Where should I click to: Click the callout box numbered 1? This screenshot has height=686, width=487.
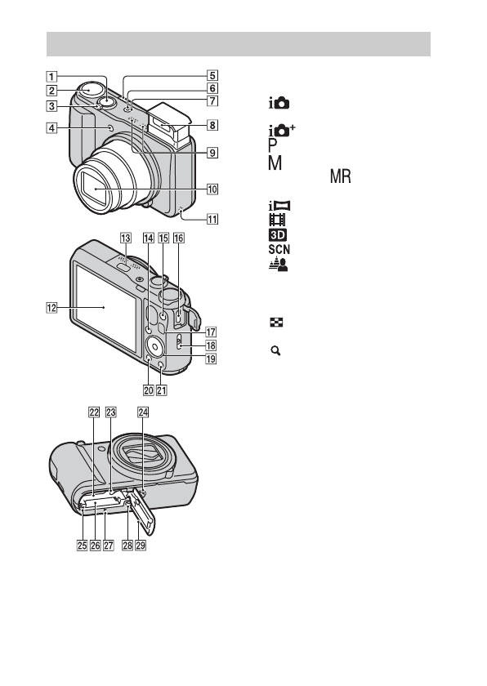(x=51, y=77)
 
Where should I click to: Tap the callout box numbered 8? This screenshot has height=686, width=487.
(x=212, y=125)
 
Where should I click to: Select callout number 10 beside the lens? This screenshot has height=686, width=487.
(x=212, y=189)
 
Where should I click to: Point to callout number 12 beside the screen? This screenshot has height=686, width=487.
(x=51, y=308)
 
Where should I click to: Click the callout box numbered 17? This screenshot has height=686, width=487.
(x=211, y=332)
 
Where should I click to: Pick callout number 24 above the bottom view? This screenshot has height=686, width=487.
(x=143, y=412)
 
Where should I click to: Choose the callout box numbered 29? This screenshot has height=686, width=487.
(x=141, y=546)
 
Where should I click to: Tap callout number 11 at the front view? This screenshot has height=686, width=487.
(x=212, y=219)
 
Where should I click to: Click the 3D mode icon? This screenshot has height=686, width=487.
(x=278, y=235)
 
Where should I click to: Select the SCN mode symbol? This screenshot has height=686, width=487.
(x=279, y=249)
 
